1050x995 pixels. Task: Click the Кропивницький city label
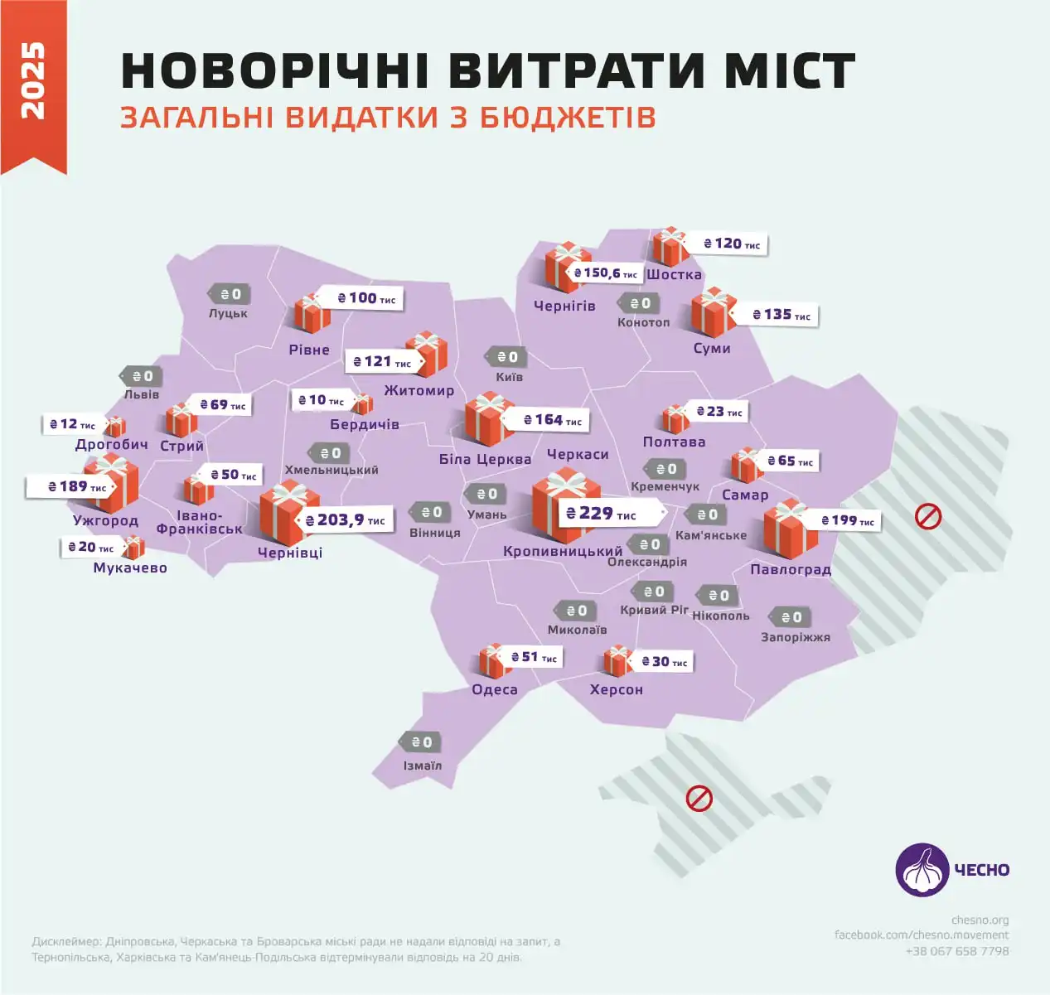(563, 551)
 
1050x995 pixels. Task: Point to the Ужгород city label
(105, 520)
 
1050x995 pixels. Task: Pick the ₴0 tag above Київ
(506, 357)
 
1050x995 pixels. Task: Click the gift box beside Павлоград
(789, 530)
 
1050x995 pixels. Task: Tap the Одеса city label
(495, 689)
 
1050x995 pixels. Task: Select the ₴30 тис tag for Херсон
(665, 662)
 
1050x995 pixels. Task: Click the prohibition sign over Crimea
(699, 799)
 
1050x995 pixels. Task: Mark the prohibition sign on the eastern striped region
(927, 517)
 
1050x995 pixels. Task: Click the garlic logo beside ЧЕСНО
(922, 870)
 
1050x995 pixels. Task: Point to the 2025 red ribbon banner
(33, 83)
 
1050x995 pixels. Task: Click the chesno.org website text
(980, 920)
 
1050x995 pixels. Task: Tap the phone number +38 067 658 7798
(957, 951)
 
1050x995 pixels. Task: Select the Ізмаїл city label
(423, 766)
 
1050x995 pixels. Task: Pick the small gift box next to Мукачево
(133, 547)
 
